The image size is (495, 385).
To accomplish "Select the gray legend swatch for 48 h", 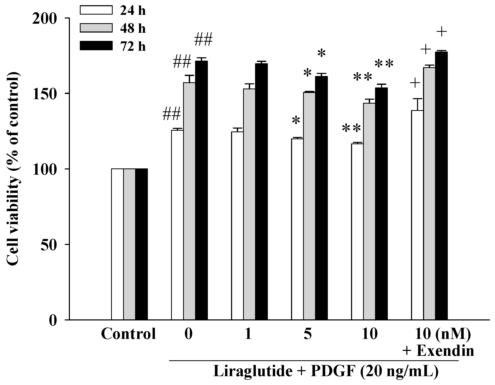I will [96, 28].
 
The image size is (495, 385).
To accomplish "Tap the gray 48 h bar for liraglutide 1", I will [249, 204].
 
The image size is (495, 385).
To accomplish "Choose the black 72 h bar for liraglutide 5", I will [321, 198].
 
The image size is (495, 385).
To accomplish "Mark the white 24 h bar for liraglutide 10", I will [357, 231].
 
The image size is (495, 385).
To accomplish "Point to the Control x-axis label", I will [128, 334].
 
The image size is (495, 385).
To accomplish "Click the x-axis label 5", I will [308, 334].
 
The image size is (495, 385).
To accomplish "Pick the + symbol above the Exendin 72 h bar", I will [442, 32].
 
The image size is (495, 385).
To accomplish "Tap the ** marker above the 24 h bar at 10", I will [352, 128].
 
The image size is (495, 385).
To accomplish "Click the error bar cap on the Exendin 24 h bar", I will [417, 99].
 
